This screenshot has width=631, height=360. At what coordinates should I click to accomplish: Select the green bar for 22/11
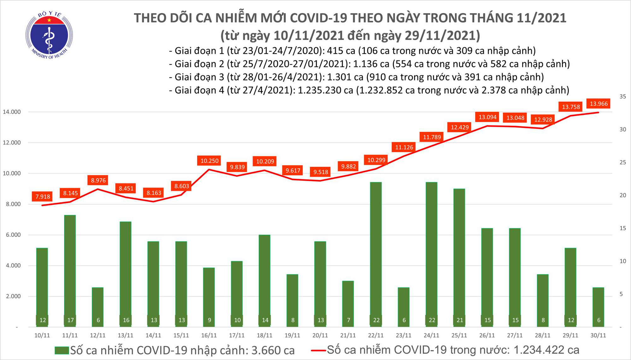(x=376, y=252)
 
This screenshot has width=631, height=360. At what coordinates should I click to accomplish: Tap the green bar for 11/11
(x=70, y=268)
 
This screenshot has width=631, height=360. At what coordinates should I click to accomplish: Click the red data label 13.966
(x=599, y=103)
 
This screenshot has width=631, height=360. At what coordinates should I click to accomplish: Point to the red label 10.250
(x=209, y=161)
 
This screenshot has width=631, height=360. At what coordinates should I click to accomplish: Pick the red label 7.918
(x=43, y=197)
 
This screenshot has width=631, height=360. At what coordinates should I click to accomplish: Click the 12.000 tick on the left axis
(x=12, y=143)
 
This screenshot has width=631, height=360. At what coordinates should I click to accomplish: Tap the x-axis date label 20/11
(x=320, y=335)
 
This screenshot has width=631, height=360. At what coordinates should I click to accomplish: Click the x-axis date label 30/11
(x=598, y=335)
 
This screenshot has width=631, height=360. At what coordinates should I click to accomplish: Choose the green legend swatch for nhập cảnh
(x=62, y=350)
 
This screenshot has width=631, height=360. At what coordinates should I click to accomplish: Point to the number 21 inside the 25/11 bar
(x=460, y=320)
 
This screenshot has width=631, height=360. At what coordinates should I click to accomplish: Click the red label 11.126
(x=404, y=147)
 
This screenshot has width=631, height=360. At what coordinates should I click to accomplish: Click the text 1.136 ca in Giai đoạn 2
(x=371, y=64)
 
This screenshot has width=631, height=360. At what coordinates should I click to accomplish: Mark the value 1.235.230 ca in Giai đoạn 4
(x=325, y=91)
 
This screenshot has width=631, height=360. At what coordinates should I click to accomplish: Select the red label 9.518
(x=321, y=172)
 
